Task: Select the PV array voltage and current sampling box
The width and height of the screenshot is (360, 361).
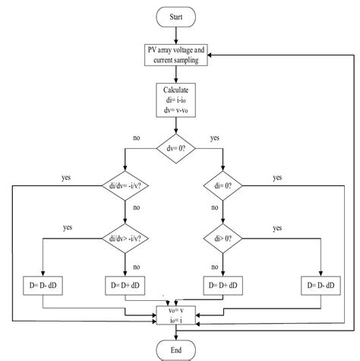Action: tap(175, 54)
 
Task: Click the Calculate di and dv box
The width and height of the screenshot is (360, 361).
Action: tap(175, 100)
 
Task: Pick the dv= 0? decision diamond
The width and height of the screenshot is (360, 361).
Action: tap(175, 148)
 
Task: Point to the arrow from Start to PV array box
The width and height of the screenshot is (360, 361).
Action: tap(175, 34)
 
